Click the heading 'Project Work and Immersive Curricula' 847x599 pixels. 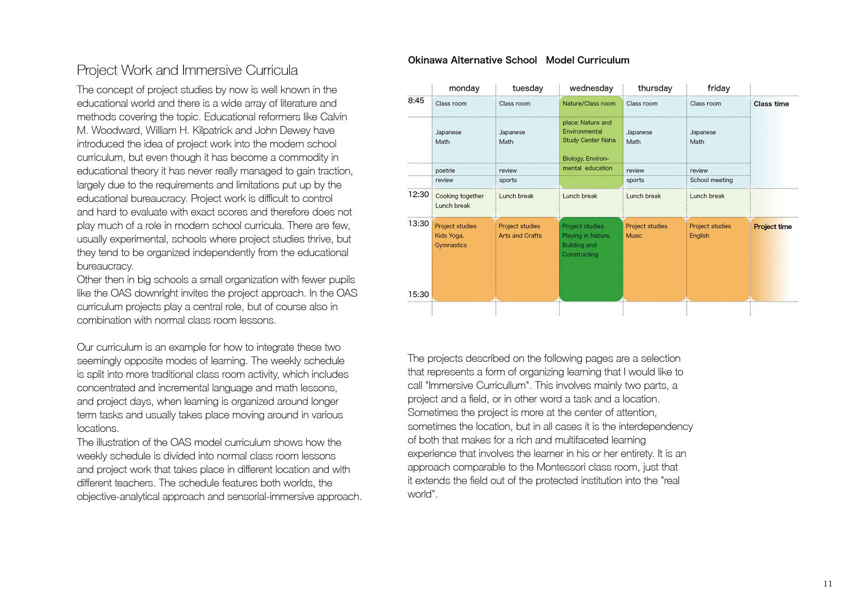coord(187,71)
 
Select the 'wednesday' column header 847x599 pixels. coord(591,88)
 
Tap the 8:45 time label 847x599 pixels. coord(416,100)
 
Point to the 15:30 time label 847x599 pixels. coord(418,294)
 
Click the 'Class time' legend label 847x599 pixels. coord(771,104)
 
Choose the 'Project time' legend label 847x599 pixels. coord(773,227)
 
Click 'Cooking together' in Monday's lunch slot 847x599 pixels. coord(459,196)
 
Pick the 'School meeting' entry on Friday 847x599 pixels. coord(711,180)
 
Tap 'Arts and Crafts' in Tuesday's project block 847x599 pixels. coord(520,236)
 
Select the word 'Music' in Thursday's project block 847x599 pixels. coord(634,236)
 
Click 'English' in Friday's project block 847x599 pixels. coord(699,236)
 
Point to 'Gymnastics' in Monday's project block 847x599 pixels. coord(451,245)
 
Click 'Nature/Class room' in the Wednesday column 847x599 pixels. coord(589,103)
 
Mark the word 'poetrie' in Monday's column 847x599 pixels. coord(445,171)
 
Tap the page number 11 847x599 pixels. coord(828,584)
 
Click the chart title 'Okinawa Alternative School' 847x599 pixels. coord(472,60)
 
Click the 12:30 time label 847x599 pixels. coord(418,194)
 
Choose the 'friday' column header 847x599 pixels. coord(719,88)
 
